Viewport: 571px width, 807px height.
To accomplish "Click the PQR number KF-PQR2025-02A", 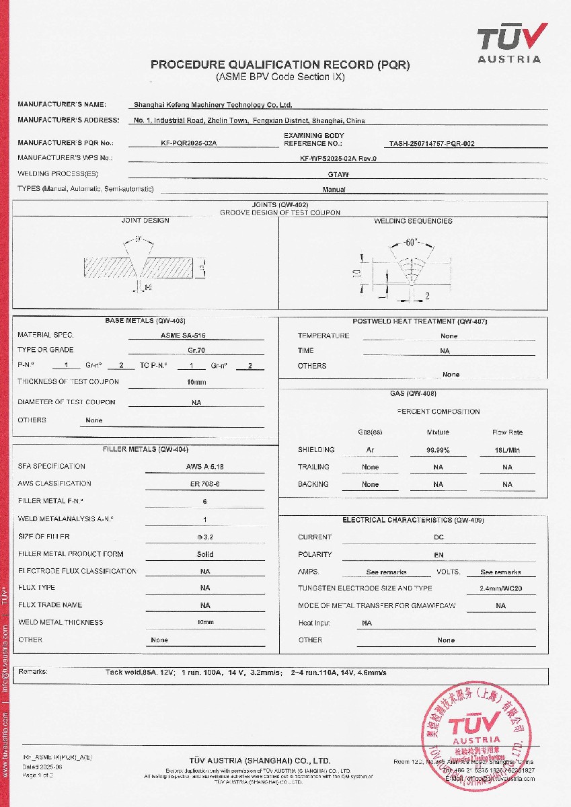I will pyautogui.click(x=189, y=143).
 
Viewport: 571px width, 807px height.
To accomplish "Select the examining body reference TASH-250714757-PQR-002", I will pyautogui.click(x=432, y=143).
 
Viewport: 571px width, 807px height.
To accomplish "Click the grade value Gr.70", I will pyautogui.click(x=196, y=350).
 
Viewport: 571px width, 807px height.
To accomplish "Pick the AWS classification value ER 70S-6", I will pyautogui.click(x=204, y=484).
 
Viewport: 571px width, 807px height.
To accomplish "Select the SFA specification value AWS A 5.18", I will pyautogui.click(x=204, y=466).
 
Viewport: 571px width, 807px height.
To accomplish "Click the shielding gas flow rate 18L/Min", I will pyautogui.click(x=507, y=450).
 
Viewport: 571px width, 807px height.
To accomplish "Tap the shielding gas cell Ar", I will pyautogui.click(x=370, y=450).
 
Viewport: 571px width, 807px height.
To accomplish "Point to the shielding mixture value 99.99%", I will pyautogui.click(x=438, y=450).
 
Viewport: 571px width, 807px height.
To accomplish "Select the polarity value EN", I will pyautogui.click(x=439, y=555).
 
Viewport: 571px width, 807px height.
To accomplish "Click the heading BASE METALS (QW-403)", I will pyautogui.click(x=145, y=321).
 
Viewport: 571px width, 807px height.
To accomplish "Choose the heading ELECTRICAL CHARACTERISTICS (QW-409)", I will pyautogui.click(x=413, y=520).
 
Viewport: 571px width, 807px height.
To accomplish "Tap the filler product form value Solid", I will pyautogui.click(x=205, y=555).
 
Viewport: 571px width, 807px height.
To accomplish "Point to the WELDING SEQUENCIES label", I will pyautogui.click(x=413, y=221).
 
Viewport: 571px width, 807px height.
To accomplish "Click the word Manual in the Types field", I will pyautogui.click(x=334, y=190).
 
